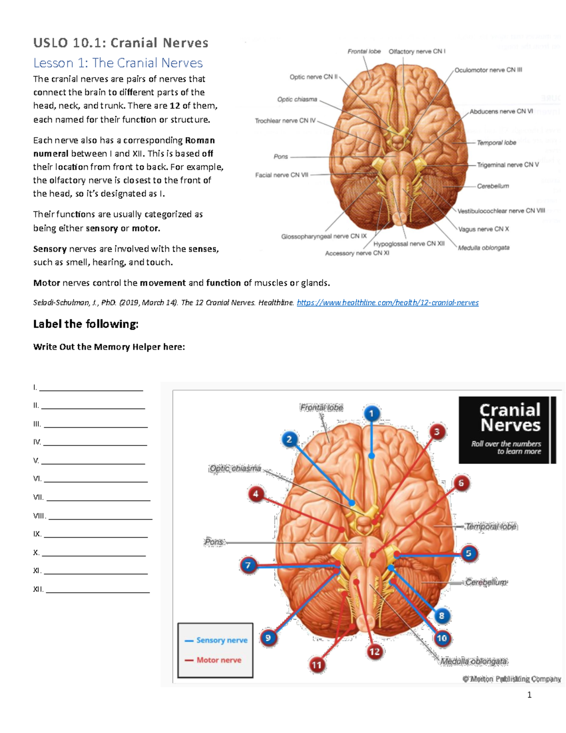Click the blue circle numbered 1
[x=371, y=414]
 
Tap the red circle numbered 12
[x=375, y=652]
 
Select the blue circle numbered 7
[x=249, y=565]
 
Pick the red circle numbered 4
[x=256, y=494]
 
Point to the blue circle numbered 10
[x=441, y=638]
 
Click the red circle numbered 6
[x=461, y=483]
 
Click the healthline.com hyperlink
[x=387, y=303]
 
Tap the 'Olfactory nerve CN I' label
[x=416, y=51]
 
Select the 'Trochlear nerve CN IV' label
[x=285, y=121]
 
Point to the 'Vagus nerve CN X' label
[x=483, y=229]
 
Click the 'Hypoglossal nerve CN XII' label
[x=409, y=244]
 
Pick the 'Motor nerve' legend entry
[x=218, y=660]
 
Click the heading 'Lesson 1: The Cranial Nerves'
[x=118, y=63]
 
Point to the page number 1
[x=529, y=694]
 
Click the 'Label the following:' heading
[x=86, y=324]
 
